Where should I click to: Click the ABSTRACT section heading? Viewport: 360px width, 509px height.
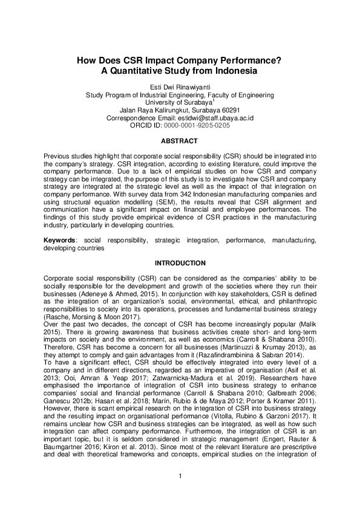(x=180, y=141)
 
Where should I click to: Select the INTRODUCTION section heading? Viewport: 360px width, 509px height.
(x=180, y=263)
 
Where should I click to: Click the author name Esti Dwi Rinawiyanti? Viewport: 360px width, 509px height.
(x=180, y=87)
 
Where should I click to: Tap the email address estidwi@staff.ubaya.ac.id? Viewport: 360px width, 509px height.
(x=220, y=118)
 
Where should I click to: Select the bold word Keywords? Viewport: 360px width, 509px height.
(x=59, y=240)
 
